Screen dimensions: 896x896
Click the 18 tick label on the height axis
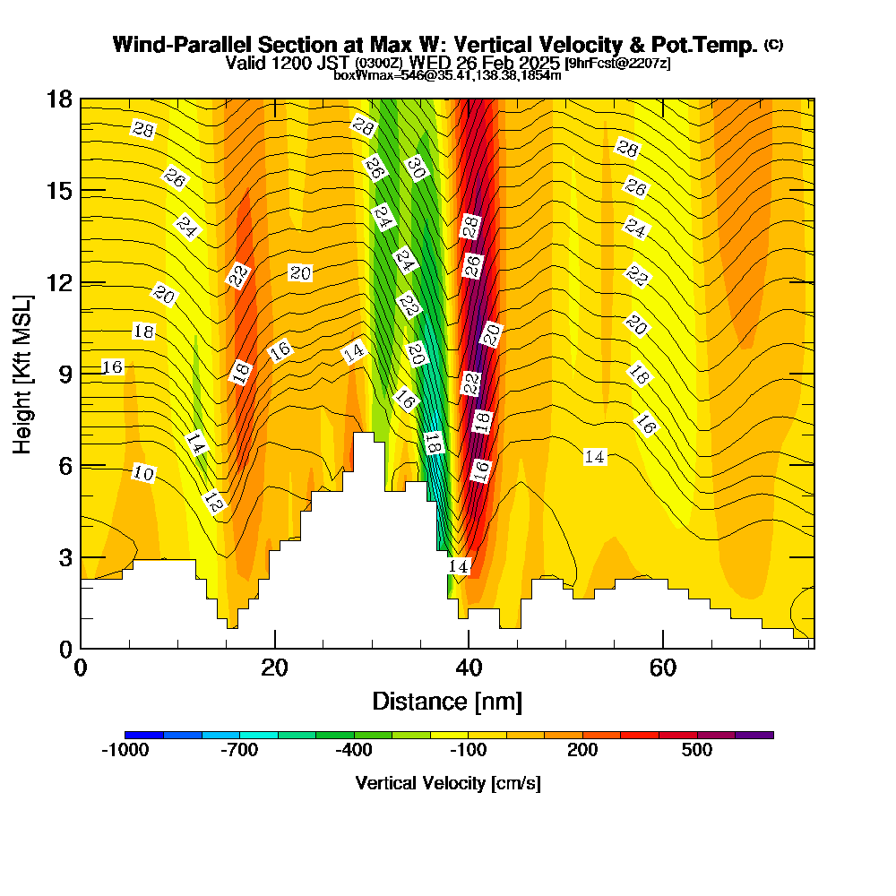click(58, 99)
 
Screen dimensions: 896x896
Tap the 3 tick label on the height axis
click(65, 557)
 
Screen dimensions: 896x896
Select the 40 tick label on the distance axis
click(469, 668)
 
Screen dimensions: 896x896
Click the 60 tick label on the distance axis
click(662, 668)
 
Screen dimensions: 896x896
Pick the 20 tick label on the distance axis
click(275, 668)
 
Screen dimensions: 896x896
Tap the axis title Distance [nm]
click(447, 701)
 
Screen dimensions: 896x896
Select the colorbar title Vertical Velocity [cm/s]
click(448, 783)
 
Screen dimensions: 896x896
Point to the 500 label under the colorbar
click(697, 750)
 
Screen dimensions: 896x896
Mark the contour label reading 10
click(143, 473)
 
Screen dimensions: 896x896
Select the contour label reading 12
click(214, 503)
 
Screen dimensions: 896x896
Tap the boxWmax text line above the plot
click(447, 75)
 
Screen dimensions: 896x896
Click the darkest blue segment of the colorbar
click(143, 735)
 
